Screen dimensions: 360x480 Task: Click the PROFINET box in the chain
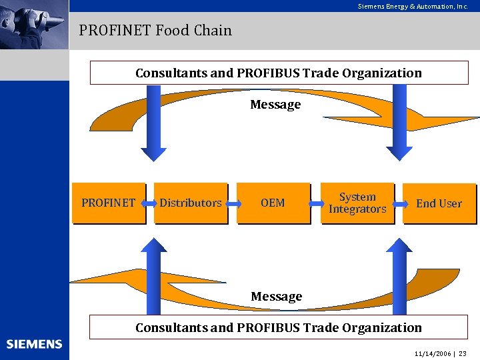(x=108, y=203)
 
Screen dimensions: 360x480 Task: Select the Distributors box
(x=191, y=203)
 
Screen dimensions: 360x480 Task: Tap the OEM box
(x=273, y=203)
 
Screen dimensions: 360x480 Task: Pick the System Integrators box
(x=357, y=203)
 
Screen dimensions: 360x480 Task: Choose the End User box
(x=439, y=203)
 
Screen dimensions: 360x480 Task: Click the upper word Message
(x=275, y=105)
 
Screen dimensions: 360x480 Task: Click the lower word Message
(x=276, y=296)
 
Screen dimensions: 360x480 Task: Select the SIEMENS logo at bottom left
(x=34, y=344)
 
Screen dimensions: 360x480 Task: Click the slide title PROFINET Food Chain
(x=155, y=30)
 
